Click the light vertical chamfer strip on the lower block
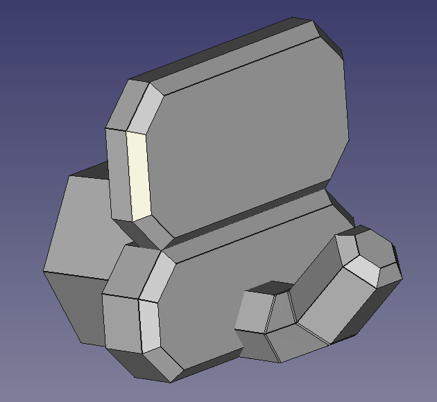[150, 326]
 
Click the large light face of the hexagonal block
[80, 222]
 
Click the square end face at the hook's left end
[253, 312]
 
